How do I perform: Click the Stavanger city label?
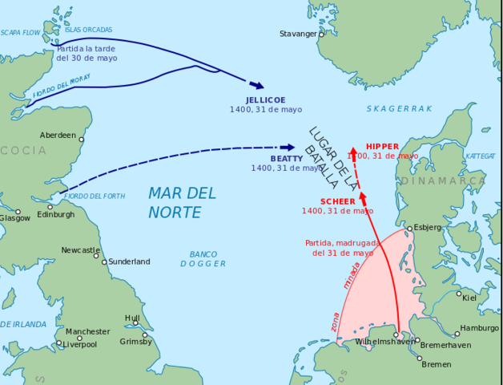(x=297, y=34)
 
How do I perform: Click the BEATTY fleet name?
(x=286, y=159)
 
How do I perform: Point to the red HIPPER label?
(x=382, y=146)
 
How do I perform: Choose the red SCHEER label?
(x=337, y=201)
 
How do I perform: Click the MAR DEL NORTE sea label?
(x=182, y=202)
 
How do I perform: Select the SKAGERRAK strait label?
(x=399, y=108)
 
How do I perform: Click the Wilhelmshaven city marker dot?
(x=396, y=335)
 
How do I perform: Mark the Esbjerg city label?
(x=427, y=227)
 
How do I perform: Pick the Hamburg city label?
(x=479, y=328)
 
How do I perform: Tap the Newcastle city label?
(x=80, y=250)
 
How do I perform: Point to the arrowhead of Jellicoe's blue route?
(x=257, y=85)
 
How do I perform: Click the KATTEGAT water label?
(x=481, y=156)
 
